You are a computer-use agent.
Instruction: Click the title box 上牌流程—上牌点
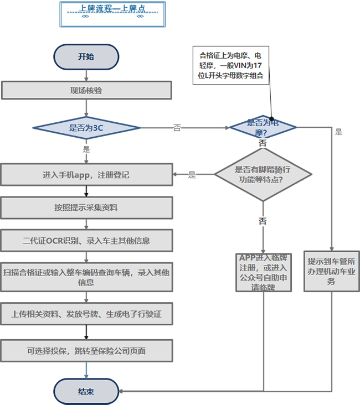(112, 14)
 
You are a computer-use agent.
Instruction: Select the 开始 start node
(86, 56)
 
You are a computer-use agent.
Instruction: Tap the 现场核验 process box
(86, 91)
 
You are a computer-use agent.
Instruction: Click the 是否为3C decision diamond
(86, 128)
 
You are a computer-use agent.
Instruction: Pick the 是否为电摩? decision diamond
(263, 127)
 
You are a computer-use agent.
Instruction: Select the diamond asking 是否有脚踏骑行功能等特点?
(263, 175)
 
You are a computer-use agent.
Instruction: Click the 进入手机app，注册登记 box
(86, 175)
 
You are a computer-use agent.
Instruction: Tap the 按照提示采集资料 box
(86, 207)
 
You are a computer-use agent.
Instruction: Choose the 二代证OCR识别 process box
(86, 241)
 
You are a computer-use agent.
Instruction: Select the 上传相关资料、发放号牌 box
(86, 314)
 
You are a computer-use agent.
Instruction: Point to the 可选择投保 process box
(86, 351)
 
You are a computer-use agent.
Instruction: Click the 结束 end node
(86, 391)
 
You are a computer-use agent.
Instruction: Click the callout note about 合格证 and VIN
(231, 65)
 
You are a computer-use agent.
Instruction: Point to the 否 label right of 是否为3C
(177, 128)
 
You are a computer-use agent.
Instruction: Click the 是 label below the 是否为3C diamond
(86, 149)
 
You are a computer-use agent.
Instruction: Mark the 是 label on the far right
(339, 132)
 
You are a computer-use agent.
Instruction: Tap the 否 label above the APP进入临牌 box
(263, 221)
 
